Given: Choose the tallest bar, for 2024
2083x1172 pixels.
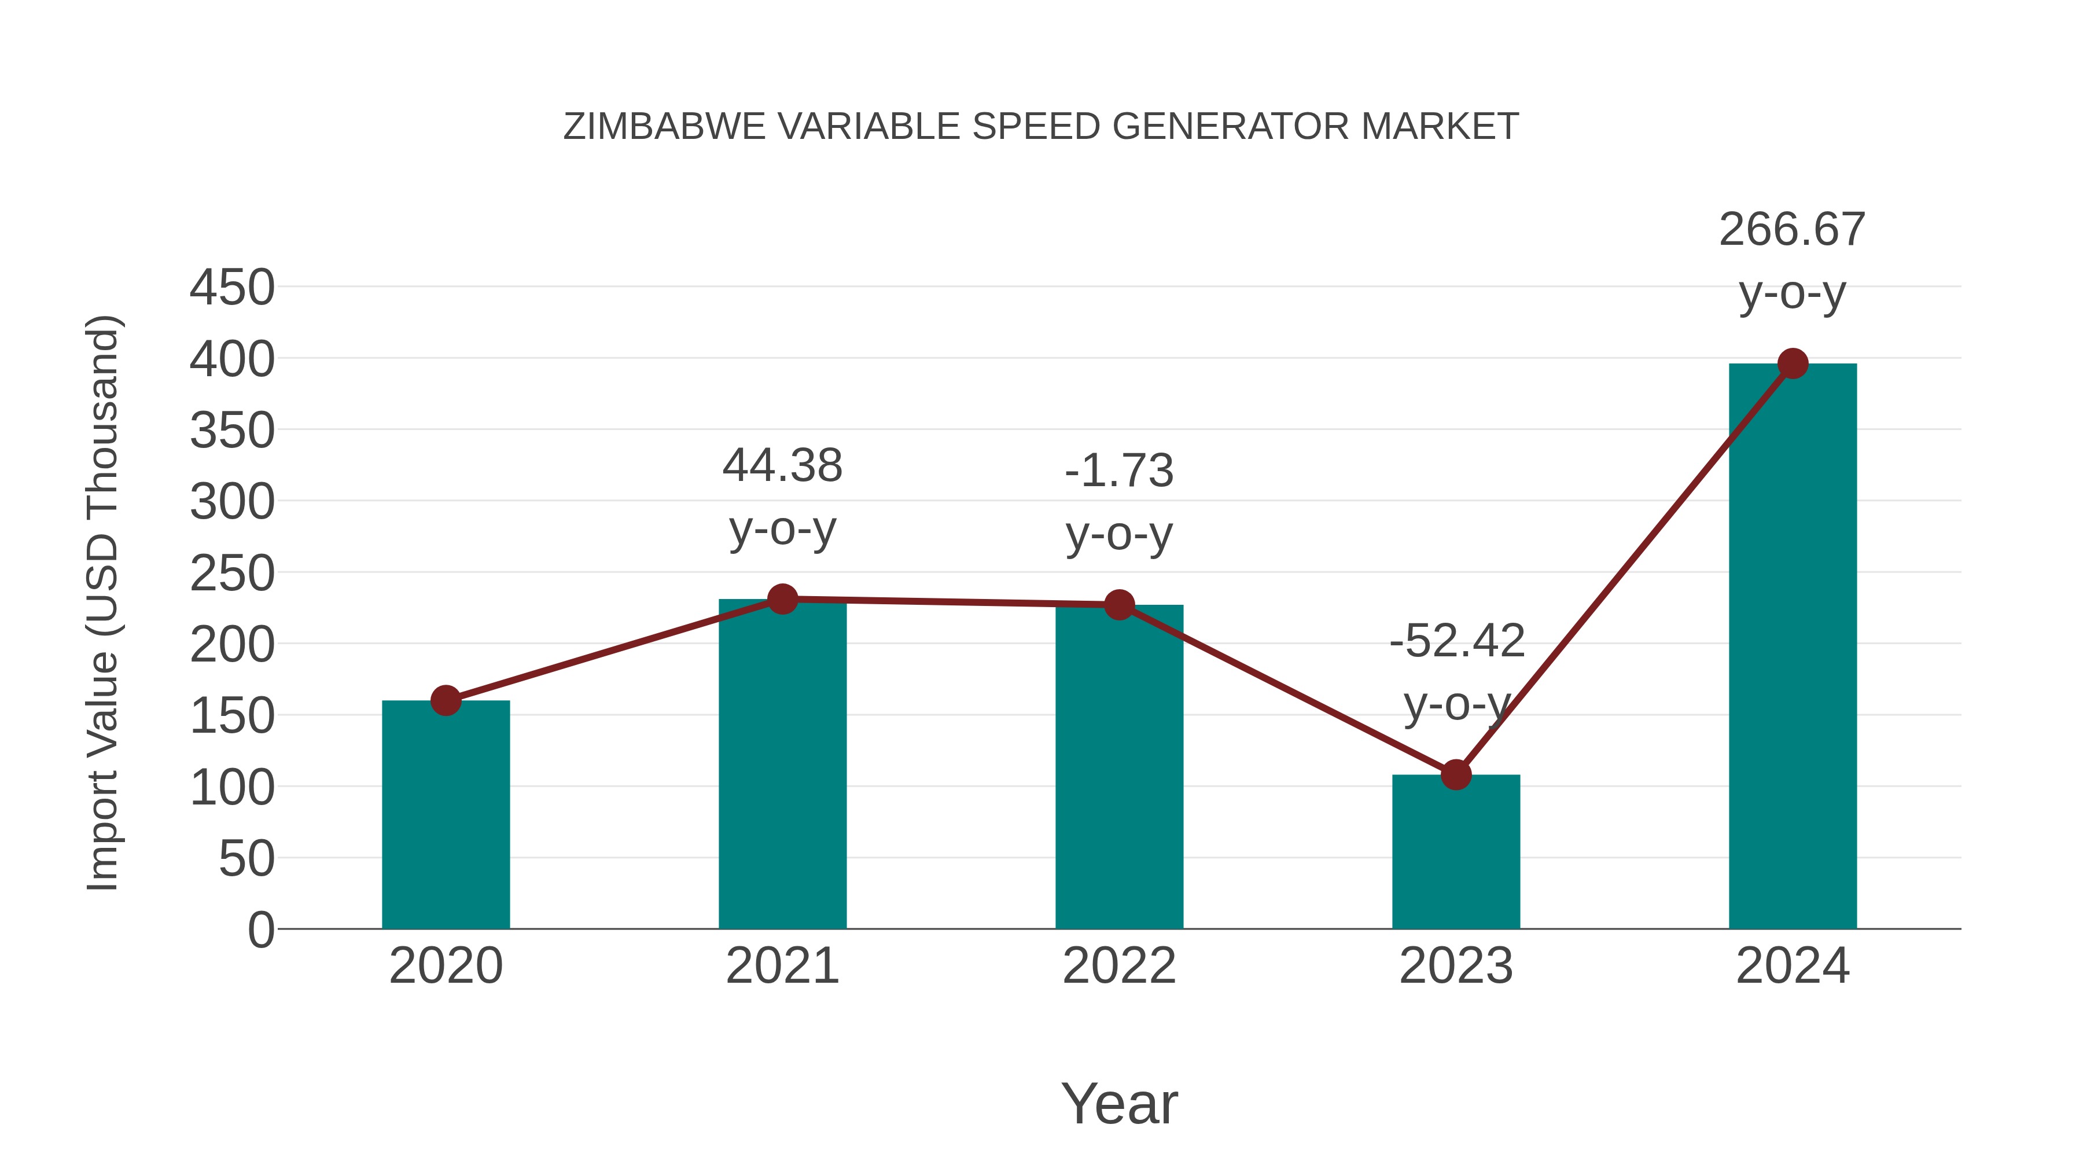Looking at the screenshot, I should click(1793, 646).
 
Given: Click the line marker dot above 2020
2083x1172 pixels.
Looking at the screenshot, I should click(446, 700).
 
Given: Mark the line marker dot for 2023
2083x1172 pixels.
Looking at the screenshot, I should click(1456, 775).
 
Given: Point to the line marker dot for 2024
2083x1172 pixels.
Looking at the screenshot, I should click(1793, 364).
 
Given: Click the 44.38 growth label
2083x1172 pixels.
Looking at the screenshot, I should click(782, 466).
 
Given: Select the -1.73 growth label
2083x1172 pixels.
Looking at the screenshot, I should click(1119, 471).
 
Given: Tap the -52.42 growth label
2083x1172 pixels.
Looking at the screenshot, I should click(1456, 641).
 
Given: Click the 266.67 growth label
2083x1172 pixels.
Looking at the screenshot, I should click(1792, 230).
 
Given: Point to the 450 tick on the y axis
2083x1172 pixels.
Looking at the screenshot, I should click(232, 288).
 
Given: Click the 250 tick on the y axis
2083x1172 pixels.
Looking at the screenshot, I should click(232, 574).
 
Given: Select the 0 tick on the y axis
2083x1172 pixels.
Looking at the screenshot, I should click(260, 930).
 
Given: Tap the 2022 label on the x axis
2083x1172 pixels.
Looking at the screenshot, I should click(1119, 966).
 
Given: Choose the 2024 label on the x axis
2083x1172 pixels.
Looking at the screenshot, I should click(1793, 966).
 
